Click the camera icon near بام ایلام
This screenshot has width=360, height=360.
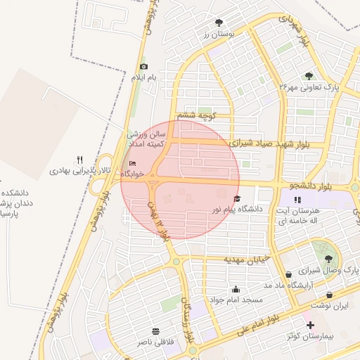(x=143, y=65)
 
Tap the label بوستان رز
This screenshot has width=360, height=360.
(x=217, y=34)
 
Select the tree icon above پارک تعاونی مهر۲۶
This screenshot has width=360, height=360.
(x=309, y=76)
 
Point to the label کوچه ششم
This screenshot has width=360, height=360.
(x=196, y=115)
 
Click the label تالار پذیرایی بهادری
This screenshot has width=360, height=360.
(x=72, y=171)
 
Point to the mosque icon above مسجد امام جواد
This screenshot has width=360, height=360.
(x=236, y=288)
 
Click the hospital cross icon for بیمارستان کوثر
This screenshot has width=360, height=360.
(x=311, y=324)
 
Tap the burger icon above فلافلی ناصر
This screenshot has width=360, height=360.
(x=155, y=330)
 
